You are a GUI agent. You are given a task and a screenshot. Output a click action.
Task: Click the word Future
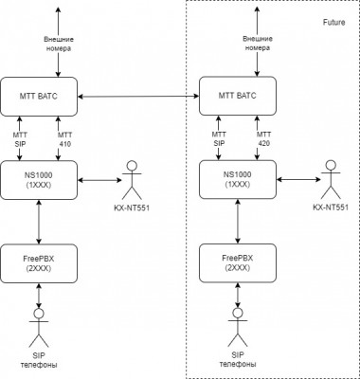333,22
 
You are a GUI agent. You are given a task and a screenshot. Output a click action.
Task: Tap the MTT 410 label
64,139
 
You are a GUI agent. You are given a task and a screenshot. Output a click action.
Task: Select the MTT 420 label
263,138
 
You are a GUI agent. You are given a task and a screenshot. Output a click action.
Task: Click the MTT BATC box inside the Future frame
238,96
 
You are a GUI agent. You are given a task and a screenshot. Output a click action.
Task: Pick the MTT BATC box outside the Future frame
39,97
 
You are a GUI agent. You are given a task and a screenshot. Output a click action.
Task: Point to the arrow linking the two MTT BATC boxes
138,97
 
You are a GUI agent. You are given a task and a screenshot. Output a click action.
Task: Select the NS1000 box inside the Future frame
238,179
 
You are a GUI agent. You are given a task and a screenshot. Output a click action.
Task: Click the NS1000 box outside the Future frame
39,180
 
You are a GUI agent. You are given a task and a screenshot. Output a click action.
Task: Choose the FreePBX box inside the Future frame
238,263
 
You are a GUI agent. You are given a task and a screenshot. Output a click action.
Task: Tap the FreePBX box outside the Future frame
39,263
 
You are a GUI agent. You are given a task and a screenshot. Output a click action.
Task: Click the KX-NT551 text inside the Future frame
331,208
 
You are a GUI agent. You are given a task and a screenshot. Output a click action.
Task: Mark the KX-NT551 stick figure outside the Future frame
132,180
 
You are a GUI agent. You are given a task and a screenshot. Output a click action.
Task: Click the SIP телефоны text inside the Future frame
238,359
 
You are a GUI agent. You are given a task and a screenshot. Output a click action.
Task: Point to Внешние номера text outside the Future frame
59,44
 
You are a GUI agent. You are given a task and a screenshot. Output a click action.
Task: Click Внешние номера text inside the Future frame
258,44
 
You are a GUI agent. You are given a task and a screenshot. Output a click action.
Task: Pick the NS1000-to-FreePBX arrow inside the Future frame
238,222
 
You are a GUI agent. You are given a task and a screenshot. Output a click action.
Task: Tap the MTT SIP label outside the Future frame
20,139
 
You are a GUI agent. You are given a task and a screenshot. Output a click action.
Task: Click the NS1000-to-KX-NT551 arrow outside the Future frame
99,180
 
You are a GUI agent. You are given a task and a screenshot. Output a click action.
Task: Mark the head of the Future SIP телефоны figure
238,313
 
